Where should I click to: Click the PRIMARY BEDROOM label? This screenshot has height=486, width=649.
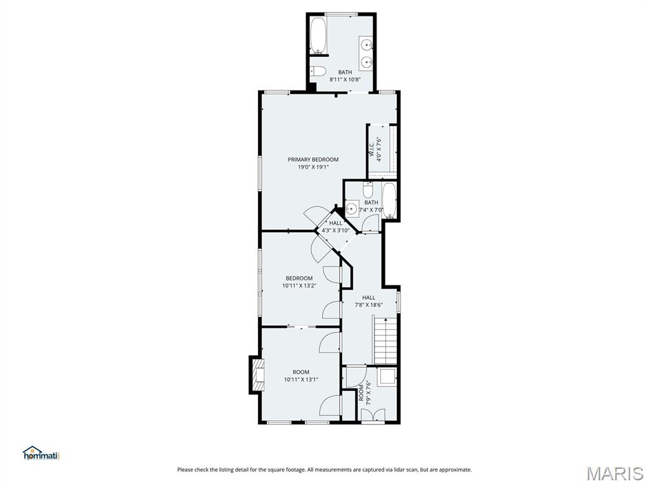pos(313,159)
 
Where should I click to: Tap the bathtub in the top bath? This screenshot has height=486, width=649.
pos(318,35)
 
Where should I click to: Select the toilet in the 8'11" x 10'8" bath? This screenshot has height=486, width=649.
pos(318,70)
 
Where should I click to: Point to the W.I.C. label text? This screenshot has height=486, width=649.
pos(371,150)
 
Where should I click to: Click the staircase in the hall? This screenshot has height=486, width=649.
pos(385,340)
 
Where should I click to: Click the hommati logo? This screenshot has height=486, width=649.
pos(41,453)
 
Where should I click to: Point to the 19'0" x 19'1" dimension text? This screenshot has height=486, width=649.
pos(313,167)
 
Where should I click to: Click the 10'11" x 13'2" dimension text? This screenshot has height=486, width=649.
pos(299,285)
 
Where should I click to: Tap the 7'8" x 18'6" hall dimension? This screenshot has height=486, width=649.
pos(368,305)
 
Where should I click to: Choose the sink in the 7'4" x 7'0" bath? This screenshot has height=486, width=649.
pos(352,208)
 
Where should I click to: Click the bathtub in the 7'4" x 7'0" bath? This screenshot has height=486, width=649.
pos(389,201)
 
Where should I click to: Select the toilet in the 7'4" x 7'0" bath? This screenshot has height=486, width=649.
pos(368,189)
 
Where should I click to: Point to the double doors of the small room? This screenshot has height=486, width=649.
pos(373,414)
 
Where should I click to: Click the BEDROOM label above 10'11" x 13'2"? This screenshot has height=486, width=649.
pos(299,278)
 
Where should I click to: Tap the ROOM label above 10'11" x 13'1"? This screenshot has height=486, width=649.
pos(301,372)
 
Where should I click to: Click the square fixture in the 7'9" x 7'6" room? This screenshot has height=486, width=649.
pos(386,378)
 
